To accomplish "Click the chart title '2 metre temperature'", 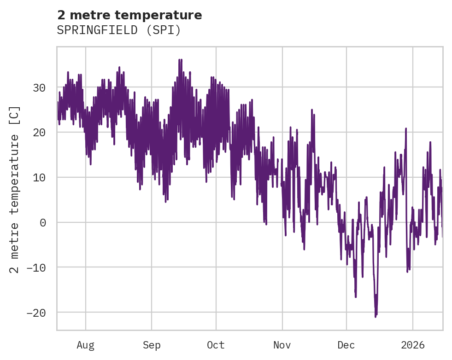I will (x=129, y=15).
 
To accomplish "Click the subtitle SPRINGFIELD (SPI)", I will (x=119, y=30).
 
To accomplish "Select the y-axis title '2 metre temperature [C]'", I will (x=15, y=190).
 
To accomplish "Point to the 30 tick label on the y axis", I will (x=40, y=87).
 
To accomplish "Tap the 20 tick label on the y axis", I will (x=40, y=133).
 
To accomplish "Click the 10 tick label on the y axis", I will (x=40, y=178).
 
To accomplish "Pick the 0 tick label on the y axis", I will (x=43, y=223).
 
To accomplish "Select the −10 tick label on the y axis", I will (x=37, y=267).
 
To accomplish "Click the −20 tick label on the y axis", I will (x=37, y=313).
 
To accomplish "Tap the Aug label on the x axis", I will (x=86, y=345).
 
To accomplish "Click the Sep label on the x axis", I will (x=152, y=345).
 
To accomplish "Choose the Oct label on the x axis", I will (x=216, y=345).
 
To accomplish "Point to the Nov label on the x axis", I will (x=282, y=345).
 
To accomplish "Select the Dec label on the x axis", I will (x=346, y=345).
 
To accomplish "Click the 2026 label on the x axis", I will (x=413, y=345).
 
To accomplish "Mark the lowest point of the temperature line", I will (x=376, y=317).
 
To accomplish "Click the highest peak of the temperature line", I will (x=180, y=59).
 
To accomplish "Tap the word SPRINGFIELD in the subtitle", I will (x=100, y=30).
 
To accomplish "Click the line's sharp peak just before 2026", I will (x=406, y=128).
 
